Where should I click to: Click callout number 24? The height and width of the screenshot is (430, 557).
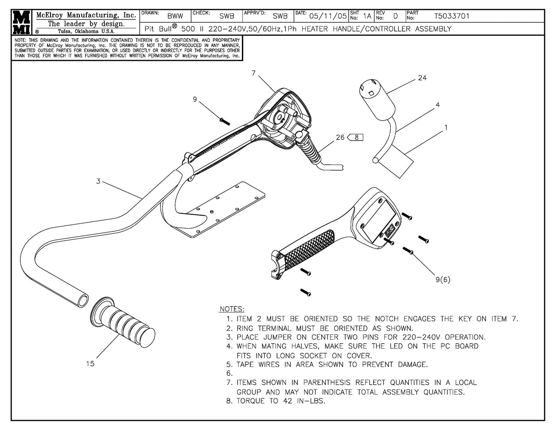coord(421,78)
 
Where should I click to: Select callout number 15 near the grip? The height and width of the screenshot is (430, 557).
coord(90,364)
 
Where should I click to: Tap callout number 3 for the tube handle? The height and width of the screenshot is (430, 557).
coord(98,181)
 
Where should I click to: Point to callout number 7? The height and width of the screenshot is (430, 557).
coord(253,73)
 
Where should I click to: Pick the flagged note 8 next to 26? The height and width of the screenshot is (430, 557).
coord(355,137)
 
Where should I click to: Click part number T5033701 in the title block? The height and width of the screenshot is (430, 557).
coord(452,16)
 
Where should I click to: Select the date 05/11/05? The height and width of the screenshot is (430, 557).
coord(328,16)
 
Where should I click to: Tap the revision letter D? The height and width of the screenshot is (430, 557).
coord(395,16)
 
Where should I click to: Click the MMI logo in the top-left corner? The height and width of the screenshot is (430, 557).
coord(21,22)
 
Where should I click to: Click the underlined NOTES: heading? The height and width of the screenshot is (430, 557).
coord(232,309)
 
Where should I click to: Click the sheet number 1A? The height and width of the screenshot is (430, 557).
coord(367,16)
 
